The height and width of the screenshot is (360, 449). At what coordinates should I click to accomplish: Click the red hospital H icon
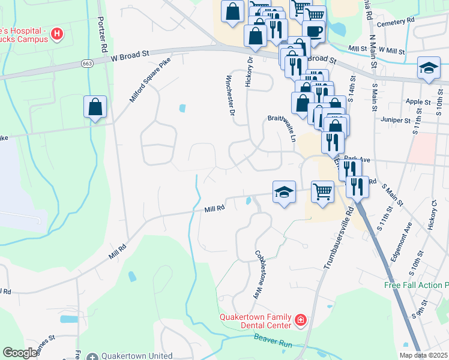click(56, 34)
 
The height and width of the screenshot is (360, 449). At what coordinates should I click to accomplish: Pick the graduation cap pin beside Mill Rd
click(285, 193)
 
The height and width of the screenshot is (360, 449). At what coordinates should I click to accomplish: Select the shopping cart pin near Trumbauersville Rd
click(323, 192)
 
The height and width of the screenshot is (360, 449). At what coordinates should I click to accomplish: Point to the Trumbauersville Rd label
click(337, 236)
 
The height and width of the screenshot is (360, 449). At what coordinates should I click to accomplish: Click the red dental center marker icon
click(301, 322)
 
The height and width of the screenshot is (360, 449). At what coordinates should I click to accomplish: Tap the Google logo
click(20, 353)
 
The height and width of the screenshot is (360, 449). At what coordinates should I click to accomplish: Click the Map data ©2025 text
click(423, 355)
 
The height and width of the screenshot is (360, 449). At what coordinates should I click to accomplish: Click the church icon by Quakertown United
click(91, 356)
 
